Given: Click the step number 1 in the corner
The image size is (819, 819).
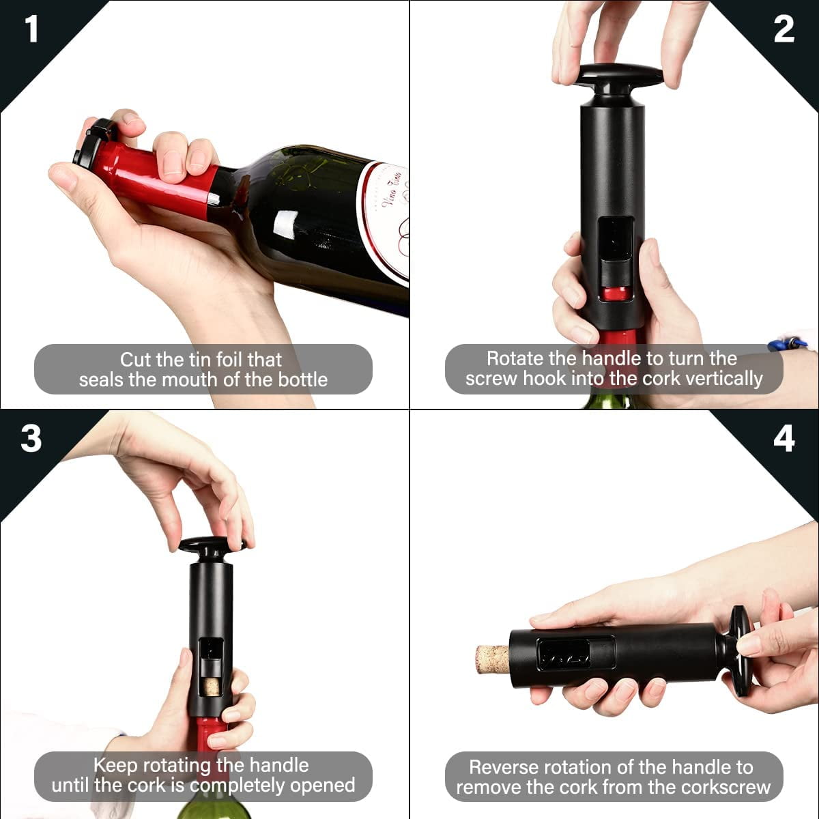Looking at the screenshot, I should [x=31, y=29].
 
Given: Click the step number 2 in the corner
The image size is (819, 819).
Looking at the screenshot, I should [x=784, y=29].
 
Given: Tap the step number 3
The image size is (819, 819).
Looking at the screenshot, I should [x=31, y=439].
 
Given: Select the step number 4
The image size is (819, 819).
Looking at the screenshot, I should [x=784, y=439].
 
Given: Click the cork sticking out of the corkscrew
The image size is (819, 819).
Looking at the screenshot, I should [x=491, y=659].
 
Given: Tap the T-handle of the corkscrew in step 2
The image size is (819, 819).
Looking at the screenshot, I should [x=618, y=74].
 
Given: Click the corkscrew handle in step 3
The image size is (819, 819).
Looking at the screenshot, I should [x=212, y=545].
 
